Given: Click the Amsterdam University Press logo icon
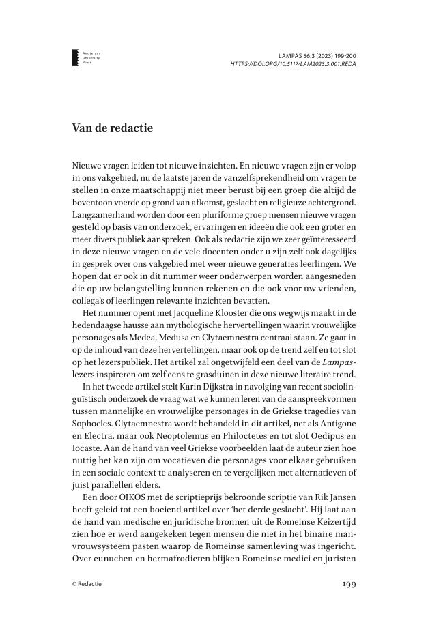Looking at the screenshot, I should point(75,58).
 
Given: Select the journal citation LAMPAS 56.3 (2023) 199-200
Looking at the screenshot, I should point(319,54).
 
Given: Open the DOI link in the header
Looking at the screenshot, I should point(294,63).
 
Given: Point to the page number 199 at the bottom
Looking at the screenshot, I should point(348,584).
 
